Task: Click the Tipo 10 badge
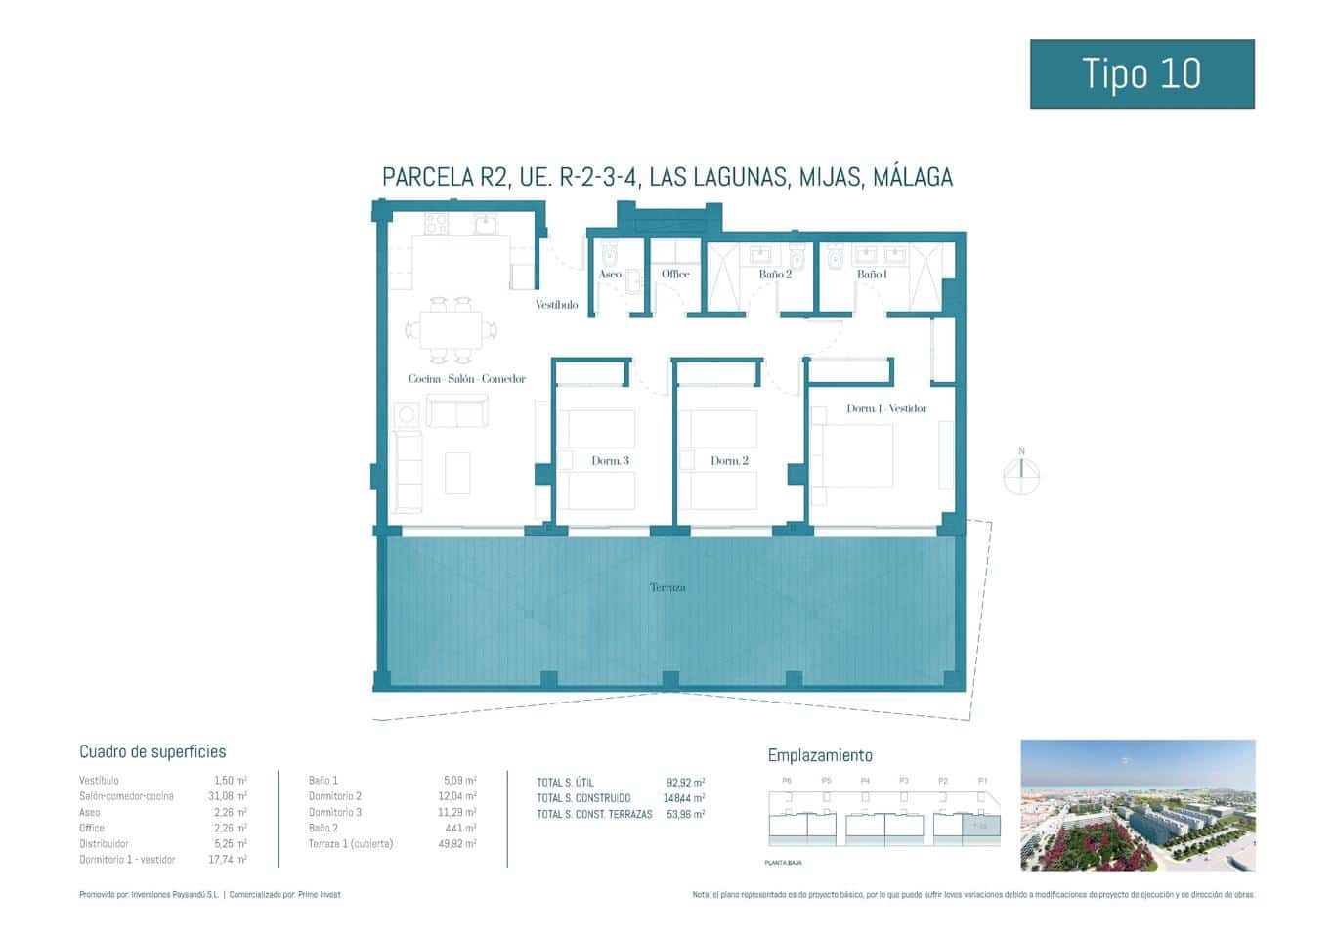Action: click(x=1141, y=74)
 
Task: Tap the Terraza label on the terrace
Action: click(x=667, y=587)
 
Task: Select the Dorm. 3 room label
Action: click(x=610, y=460)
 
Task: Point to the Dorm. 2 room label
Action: click(x=729, y=460)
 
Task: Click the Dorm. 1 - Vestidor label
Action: click(x=886, y=408)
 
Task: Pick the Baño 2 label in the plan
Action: click(x=775, y=275)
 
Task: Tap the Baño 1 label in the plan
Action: click(x=872, y=275)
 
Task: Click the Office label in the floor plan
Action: click(x=675, y=275)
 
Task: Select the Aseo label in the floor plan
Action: click(x=610, y=275)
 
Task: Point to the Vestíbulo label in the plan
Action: click(x=556, y=305)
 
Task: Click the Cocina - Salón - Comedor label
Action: click(x=467, y=379)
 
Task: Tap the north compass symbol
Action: click(x=1021, y=475)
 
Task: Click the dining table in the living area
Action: click(x=451, y=330)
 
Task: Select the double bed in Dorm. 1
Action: click(x=855, y=456)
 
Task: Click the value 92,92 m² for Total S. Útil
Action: click(x=685, y=783)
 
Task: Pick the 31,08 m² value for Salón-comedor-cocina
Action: click(x=227, y=796)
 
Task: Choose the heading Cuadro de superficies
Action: click(x=152, y=751)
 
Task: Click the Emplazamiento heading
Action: click(x=820, y=755)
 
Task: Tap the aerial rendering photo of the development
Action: click(x=1138, y=805)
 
